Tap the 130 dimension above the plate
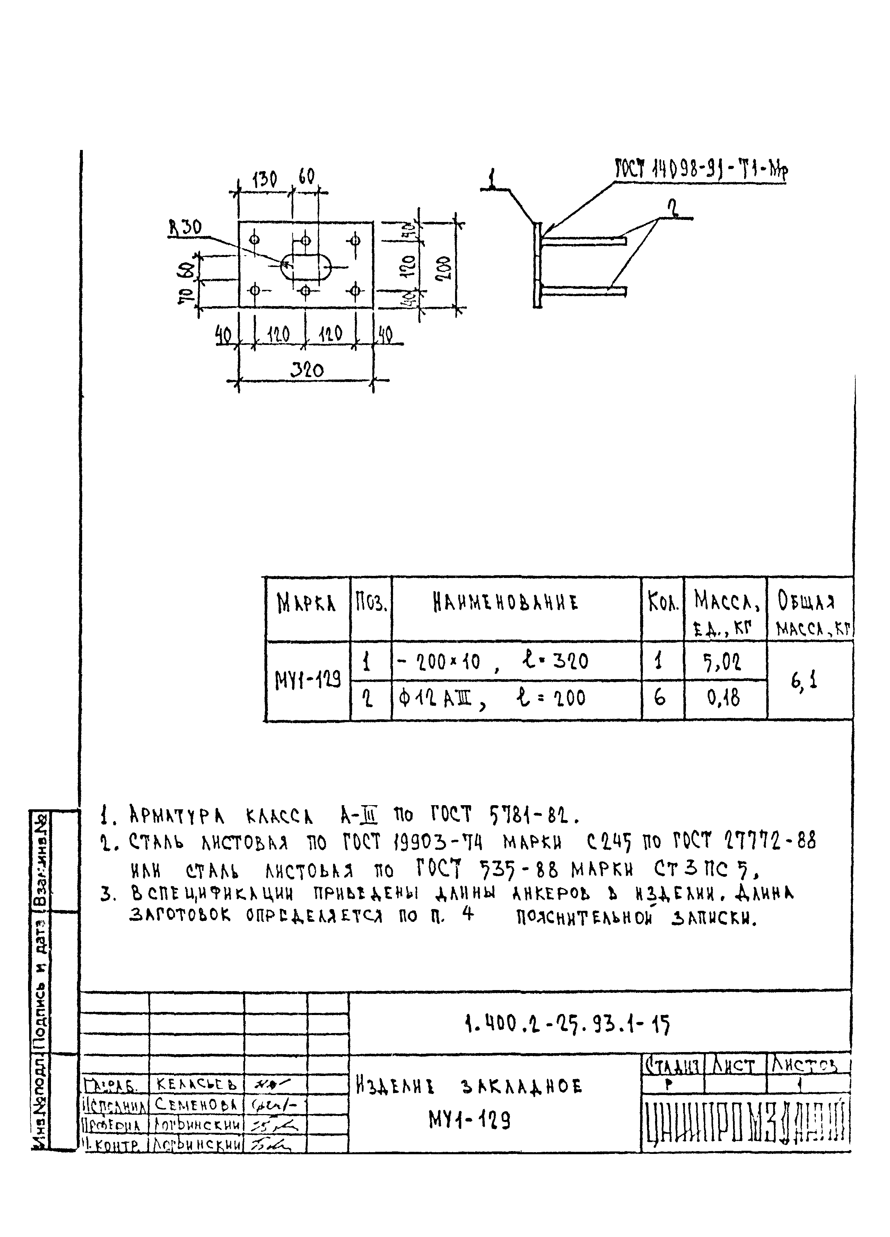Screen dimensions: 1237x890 tap(265, 179)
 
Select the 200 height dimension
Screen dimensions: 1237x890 tap(444, 268)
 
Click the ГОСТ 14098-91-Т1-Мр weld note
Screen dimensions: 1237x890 tap(701, 171)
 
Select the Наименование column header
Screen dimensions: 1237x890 tap(505, 603)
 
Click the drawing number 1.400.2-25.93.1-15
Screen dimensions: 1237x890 tap(566, 1025)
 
